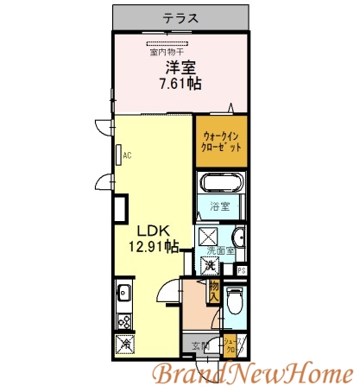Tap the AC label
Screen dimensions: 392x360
pyautogui.click(x=127, y=155)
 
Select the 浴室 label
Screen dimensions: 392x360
pyautogui.click(x=221, y=206)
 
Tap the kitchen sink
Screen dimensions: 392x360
pyautogui.click(x=123, y=291)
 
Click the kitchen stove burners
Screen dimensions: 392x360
pyautogui.click(x=123, y=319)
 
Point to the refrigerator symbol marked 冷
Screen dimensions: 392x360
pyautogui.click(x=123, y=343)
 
